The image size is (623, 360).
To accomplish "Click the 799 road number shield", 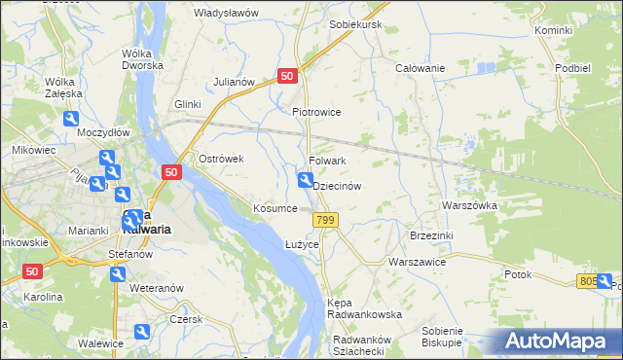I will pyautogui.click(x=326, y=221).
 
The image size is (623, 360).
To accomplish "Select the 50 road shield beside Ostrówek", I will pyautogui.click(x=170, y=172).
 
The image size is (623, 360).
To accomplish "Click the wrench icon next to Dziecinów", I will pyautogui.click(x=305, y=180).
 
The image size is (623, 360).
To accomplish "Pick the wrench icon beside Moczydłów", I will pyautogui.click(x=71, y=119).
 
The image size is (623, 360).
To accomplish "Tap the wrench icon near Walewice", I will pyautogui.click(x=141, y=334).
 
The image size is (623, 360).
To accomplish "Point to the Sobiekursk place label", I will pyautogui.click(x=355, y=23).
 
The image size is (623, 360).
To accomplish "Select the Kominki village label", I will pyautogui.click(x=554, y=31).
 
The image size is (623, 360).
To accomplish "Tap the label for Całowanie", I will pyautogui.click(x=420, y=68).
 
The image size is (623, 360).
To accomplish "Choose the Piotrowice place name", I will pyautogui.click(x=316, y=112).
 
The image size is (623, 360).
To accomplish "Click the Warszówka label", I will pyautogui.click(x=469, y=206).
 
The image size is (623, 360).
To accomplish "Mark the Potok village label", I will pyautogui.click(x=518, y=274).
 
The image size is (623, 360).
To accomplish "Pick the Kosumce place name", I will pyautogui.click(x=275, y=209).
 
